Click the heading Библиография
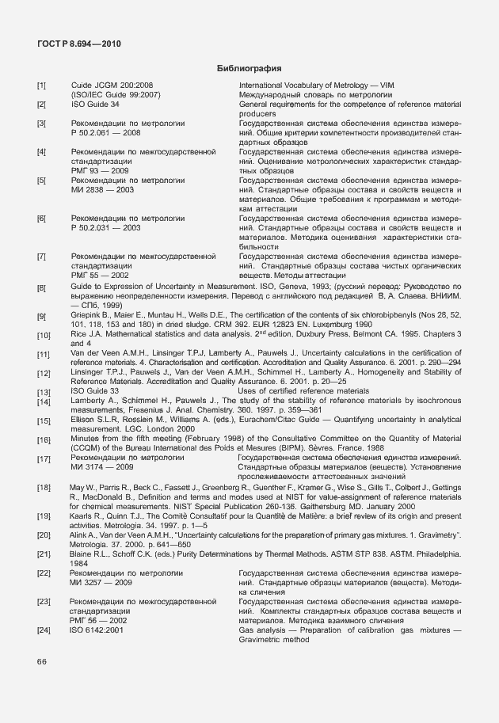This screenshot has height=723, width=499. point(249,69)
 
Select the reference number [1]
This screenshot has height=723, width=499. point(41,85)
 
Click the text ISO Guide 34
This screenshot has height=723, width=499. point(95,104)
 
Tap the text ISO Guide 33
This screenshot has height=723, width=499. point(95,390)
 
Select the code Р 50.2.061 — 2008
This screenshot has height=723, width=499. point(106,133)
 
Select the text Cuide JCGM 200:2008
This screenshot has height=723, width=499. point(112,85)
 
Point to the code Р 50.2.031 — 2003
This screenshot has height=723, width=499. point(106,228)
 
